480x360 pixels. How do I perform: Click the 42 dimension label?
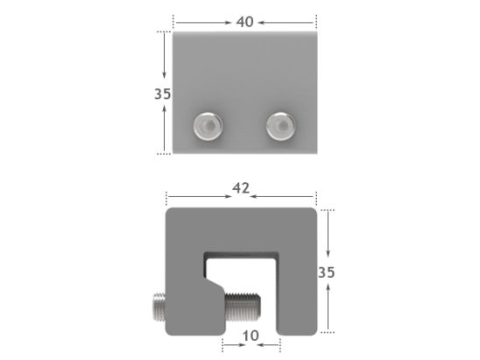243,187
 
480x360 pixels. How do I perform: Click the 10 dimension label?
251,335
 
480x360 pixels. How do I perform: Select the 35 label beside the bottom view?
327,272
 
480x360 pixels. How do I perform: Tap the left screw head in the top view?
208,128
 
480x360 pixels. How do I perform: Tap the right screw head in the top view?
280,127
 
